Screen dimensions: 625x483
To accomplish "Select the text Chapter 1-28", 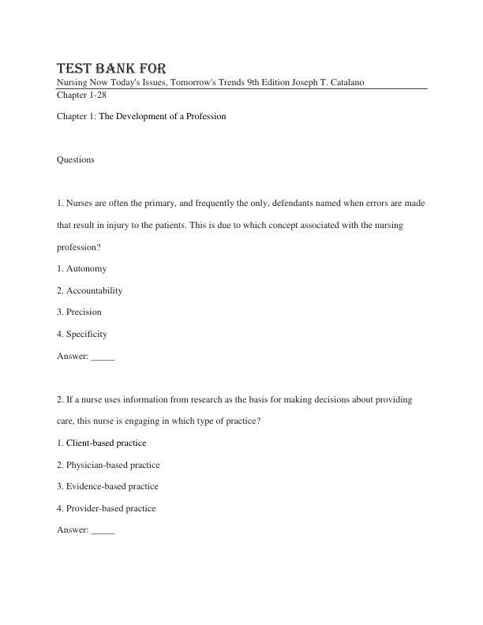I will click(x=81, y=95).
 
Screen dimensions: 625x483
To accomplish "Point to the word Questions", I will click(x=76, y=159).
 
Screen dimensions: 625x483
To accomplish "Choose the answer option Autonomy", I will click(x=86, y=268).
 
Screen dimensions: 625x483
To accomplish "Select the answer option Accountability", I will click(x=94, y=290).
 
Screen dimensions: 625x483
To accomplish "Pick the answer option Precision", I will click(x=84, y=312).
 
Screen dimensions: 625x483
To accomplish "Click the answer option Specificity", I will click(x=86, y=334).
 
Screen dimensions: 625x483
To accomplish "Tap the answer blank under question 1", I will click(x=103, y=356).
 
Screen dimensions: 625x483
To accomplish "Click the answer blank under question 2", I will click(x=103, y=530).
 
